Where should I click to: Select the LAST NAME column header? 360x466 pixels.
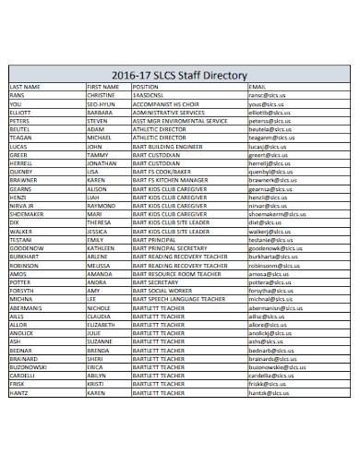click(26, 86)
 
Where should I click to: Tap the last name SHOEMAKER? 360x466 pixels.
click(27, 214)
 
